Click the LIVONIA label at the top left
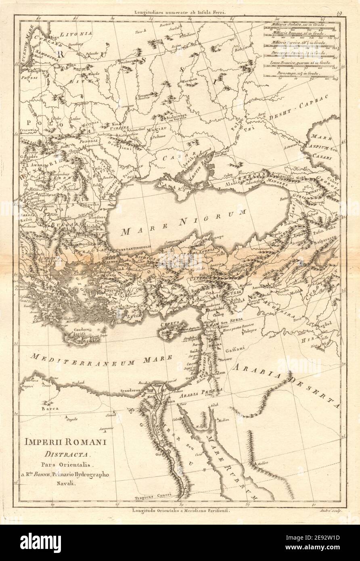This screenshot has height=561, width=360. point(79,33)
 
